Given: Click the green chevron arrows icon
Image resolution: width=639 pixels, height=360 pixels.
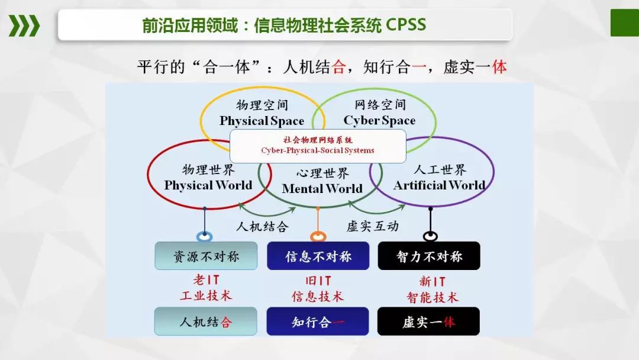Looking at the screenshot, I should pyautogui.click(x=24, y=25).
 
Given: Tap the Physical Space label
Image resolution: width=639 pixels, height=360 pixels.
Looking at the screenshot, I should pyautogui.click(x=262, y=121).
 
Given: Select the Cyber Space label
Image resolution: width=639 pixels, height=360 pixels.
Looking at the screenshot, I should pyautogui.click(x=379, y=121).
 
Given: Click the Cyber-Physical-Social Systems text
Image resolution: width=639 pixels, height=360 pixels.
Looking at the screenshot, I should pyautogui.click(x=318, y=150).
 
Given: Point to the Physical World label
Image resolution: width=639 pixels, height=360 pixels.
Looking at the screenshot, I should pyautogui.click(x=208, y=185).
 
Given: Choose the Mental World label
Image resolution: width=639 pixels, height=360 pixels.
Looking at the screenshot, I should pyautogui.click(x=322, y=189).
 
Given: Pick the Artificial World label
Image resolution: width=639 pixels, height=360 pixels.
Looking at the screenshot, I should pyautogui.click(x=438, y=185).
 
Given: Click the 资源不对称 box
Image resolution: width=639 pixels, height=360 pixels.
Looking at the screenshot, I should pyautogui.click(x=206, y=256).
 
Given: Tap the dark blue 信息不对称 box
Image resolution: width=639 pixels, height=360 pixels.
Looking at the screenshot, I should pyautogui.click(x=318, y=256).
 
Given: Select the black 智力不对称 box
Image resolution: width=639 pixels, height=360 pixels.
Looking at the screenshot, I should pyautogui.click(x=429, y=256).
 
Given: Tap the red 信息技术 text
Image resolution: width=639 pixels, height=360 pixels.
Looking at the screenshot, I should pyautogui.click(x=318, y=296).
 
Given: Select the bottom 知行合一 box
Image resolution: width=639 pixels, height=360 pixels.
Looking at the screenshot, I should pyautogui.click(x=318, y=322).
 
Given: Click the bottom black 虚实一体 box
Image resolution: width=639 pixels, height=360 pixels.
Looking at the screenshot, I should pyautogui.click(x=429, y=322).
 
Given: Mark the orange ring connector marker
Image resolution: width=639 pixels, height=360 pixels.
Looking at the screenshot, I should pyautogui.click(x=318, y=237).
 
